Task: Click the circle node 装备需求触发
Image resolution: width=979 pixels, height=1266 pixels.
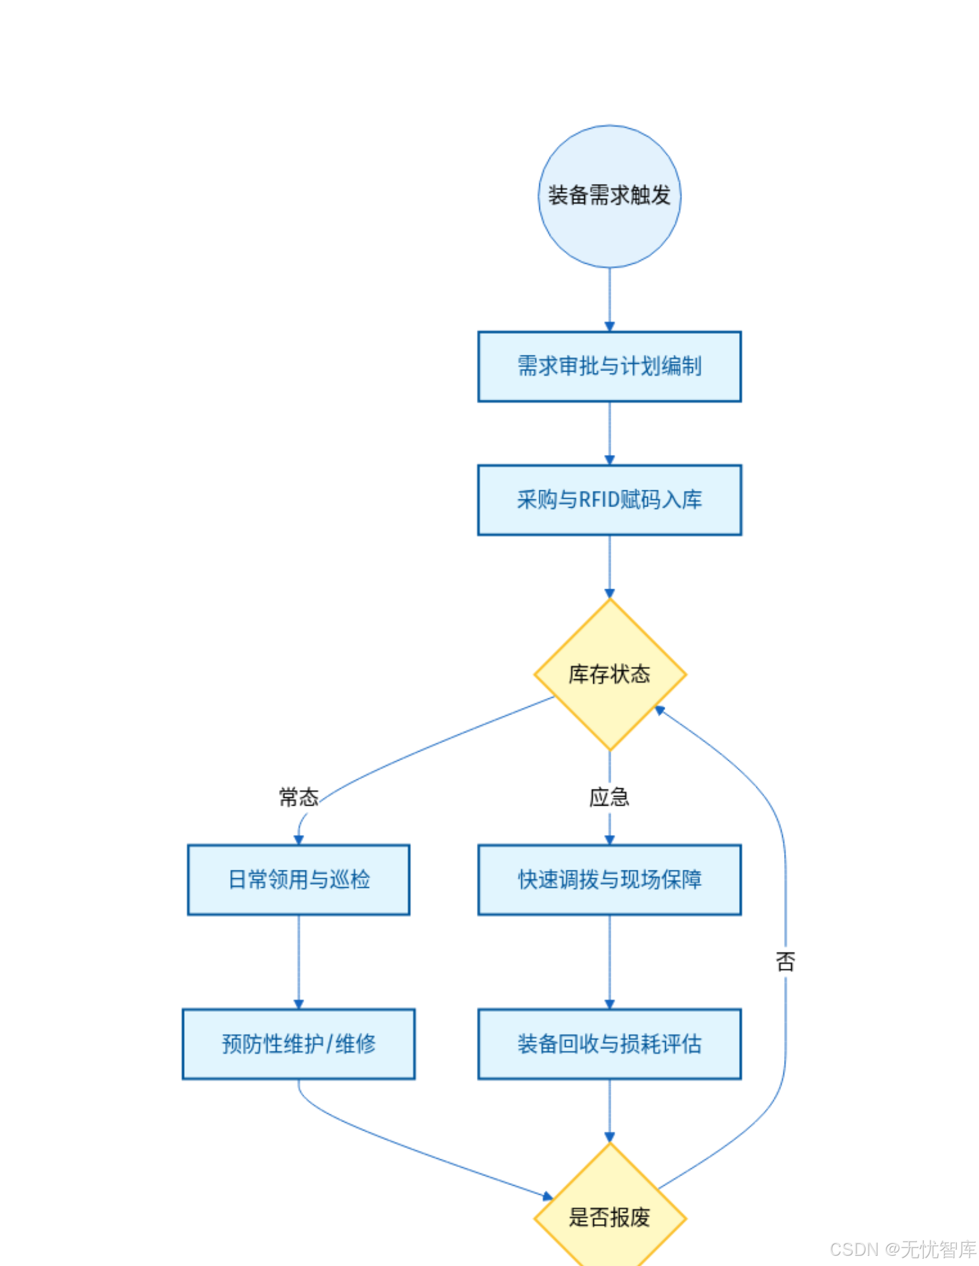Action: [609, 196]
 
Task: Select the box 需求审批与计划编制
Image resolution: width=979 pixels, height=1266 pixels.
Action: [609, 366]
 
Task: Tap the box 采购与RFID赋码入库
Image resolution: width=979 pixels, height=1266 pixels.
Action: [609, 499]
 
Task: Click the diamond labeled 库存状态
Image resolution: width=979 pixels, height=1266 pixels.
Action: [609, 674]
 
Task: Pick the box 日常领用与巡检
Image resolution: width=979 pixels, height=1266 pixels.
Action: [299, 879]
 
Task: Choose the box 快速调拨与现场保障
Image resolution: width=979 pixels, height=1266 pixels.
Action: [609, 879]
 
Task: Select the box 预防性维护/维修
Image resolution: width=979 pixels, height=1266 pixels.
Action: [299, 1044]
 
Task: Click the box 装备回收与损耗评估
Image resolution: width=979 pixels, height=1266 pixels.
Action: [609, 1044]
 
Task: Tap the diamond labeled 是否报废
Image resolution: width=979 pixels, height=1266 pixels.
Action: [609, 1217]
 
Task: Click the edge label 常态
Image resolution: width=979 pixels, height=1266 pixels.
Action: [299, 797]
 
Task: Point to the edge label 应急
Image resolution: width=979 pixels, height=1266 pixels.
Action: [609, 797]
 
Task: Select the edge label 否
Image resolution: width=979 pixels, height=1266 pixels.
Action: [785, 961]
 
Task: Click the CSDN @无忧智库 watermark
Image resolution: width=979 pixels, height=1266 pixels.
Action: [903, 1249]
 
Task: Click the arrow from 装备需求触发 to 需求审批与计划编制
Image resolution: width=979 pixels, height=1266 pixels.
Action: [609, 300]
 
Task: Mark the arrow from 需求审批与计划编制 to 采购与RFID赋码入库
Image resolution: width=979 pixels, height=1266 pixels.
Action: [609, 433]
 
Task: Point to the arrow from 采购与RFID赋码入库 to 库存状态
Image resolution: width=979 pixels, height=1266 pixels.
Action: [609, 566]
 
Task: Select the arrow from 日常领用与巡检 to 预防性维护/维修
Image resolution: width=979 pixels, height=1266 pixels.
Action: [299, 961]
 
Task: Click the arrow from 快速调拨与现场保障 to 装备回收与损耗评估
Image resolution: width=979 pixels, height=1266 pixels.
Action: [609, 961]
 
